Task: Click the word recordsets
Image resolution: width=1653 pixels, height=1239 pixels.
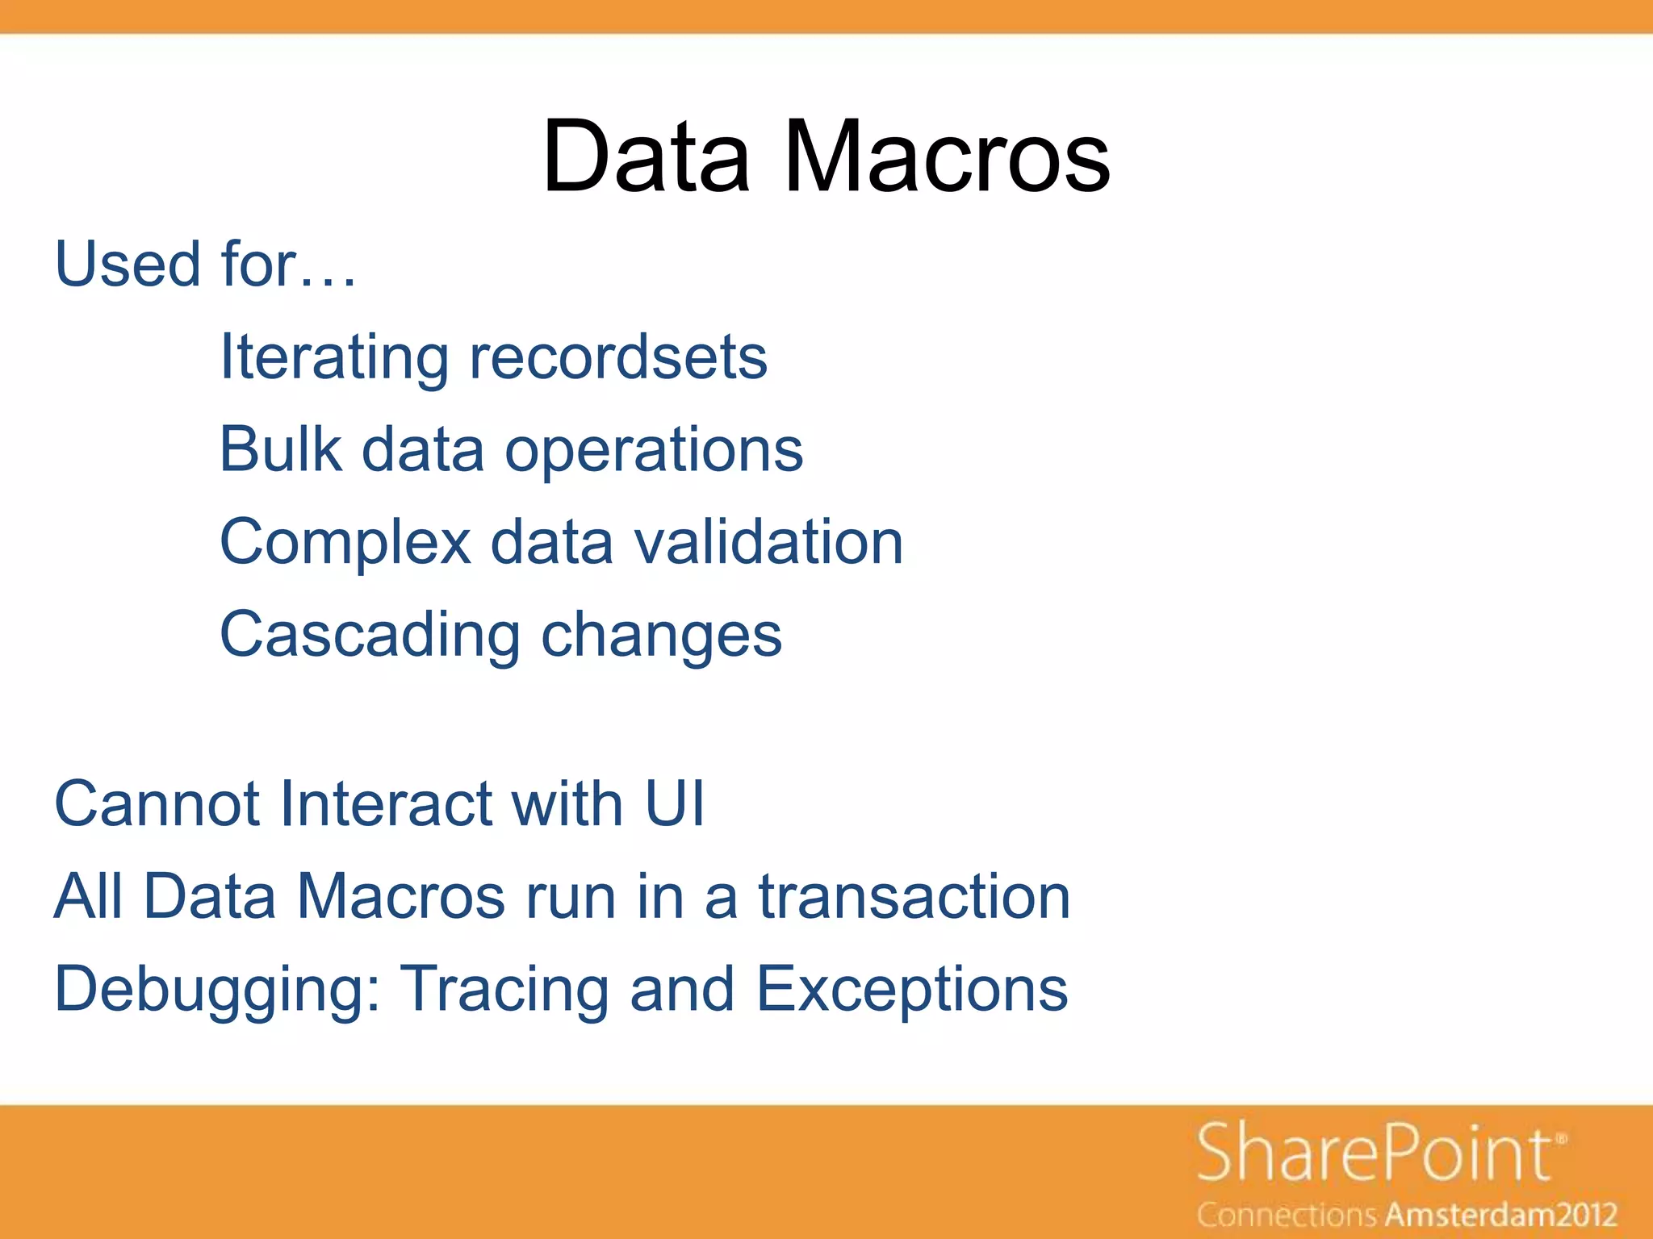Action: tap(618, 357)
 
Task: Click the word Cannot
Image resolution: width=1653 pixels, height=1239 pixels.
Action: tap(157, 804)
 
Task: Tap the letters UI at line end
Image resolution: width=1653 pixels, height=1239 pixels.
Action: tap(675, 804)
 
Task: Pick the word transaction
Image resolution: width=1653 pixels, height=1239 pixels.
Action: tap(914, 896)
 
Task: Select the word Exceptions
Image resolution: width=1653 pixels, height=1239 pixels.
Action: tap(912, 991)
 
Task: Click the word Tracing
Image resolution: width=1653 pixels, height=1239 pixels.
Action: tap(505, 991)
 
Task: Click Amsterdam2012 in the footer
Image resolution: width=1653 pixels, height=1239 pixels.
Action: tap(1502, 1214)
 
